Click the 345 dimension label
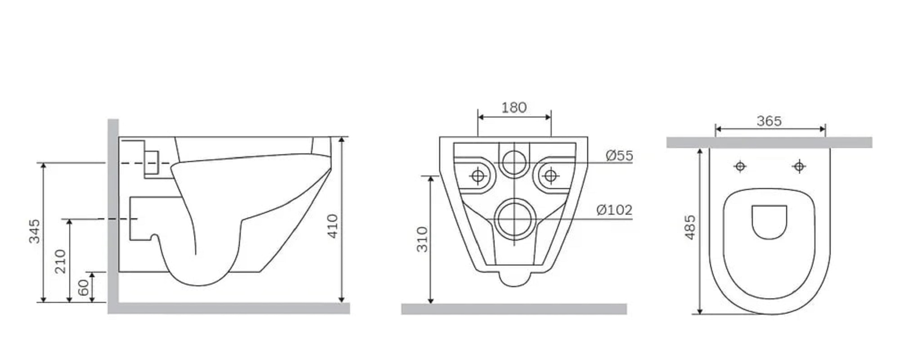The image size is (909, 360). [35, 231]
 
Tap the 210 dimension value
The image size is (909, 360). [60, 261]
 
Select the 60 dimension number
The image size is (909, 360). [84, 288]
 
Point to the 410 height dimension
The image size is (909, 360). [332, 226]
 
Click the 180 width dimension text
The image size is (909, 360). [514, 108]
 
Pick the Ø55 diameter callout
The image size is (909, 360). [619, 156]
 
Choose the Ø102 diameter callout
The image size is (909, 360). [614, 210]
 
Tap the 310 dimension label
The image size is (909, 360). [422, 239]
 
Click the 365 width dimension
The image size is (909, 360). [769, 121]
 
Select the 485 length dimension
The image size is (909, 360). [689, 227]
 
